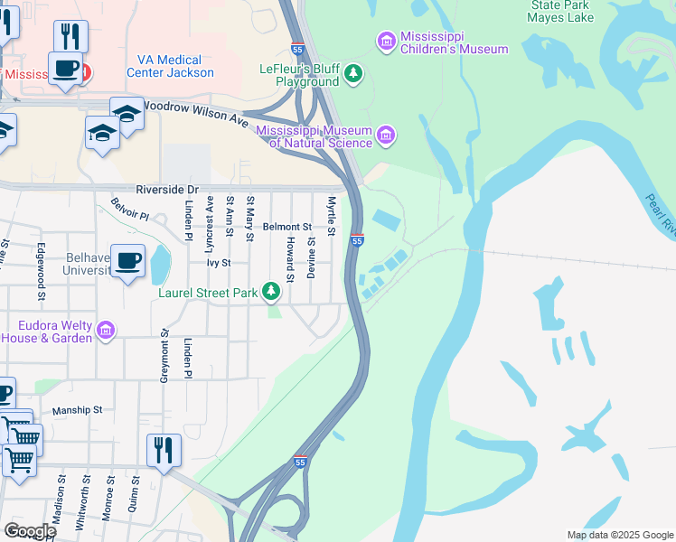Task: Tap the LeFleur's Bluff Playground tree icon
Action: [x=353, y=73]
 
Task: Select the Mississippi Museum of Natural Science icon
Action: [x=387, y=135]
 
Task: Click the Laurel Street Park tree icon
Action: [x=270, y=291]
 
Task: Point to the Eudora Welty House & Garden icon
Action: [x=106, y=332]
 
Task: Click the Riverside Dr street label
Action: [x=166, y=190]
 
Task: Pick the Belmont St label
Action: [x=286, y=228]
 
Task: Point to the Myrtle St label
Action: [x=332, y=217]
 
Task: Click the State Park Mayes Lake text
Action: [x=559, y=10]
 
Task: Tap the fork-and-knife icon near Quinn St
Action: [x=164, y=450]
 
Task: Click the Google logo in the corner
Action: [x=29, y=531]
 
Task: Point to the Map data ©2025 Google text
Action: [x=618, y=535]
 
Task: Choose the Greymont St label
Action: [x=164, y=355]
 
